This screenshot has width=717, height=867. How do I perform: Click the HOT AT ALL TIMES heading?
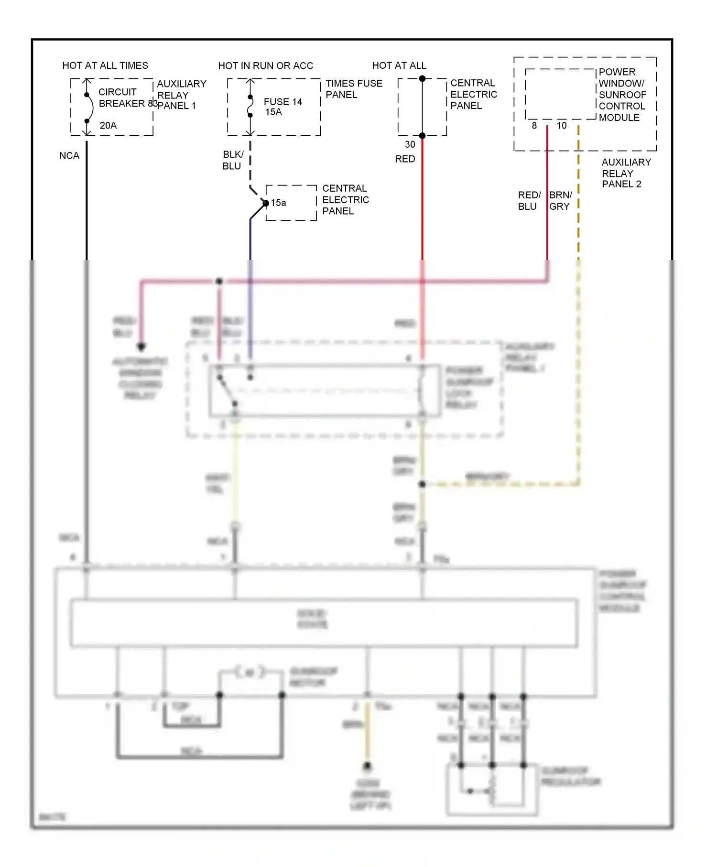(105, 65)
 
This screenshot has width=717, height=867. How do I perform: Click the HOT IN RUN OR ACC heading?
(265, 65)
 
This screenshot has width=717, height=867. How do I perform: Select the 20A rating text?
(108, 125)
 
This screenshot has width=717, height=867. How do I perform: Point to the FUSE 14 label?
(283, 102)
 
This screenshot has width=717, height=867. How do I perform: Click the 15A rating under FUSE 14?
(274, 112)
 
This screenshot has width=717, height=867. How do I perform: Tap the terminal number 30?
(410, 144)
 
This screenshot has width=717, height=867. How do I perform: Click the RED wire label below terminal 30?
(405, 159)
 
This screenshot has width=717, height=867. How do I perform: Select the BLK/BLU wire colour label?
(233, 160)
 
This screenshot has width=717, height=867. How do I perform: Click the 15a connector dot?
(266, 203)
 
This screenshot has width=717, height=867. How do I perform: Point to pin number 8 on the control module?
(534, 126)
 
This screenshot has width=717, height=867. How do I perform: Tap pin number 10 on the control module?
(562, 126)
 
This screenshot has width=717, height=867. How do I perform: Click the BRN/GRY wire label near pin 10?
(560, 201)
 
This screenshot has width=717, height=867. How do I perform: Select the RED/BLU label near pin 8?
(529, 201)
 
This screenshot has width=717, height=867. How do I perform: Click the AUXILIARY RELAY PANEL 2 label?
(626, 173)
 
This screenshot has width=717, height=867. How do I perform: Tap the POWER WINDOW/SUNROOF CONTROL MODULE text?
(622, 95)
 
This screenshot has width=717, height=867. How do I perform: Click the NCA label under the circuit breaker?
(69, 156)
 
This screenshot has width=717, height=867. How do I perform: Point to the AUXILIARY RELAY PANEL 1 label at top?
(181, 95)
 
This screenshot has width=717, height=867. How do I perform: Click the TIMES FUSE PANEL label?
(354, 89)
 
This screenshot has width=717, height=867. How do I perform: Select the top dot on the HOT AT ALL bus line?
(423, 78)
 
